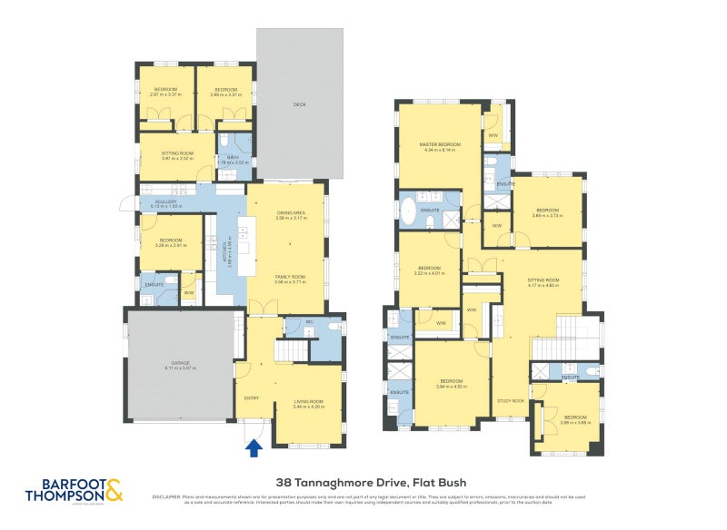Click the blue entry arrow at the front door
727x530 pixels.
[254, 447]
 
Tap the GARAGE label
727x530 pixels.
[180, 363]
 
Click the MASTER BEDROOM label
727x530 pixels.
[440, 145]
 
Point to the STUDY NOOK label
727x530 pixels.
[512, 400]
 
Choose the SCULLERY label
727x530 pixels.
[165, 201]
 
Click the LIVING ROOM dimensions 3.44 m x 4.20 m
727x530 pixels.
[309, 406]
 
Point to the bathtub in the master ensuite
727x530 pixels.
[408, 214]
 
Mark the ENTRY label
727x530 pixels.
[252, 397]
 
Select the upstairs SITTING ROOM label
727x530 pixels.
[543, 280]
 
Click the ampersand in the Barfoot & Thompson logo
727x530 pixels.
[113, 493]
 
